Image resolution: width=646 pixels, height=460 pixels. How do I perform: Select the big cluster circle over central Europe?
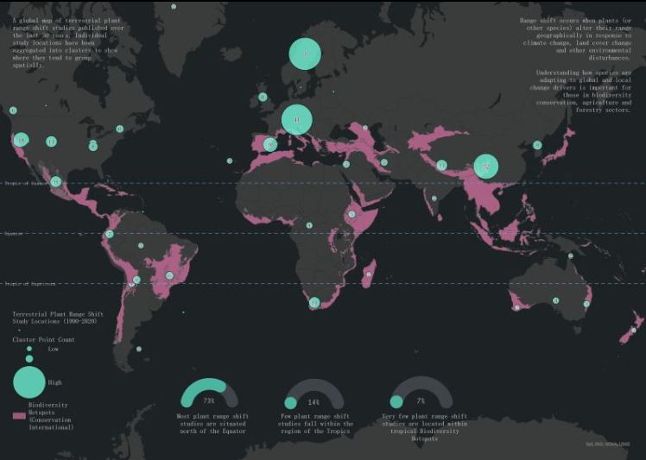[x=296, y=119]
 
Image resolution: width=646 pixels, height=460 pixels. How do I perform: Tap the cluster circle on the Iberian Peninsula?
[x=270, y=145]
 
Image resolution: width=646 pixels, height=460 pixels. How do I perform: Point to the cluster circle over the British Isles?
[x=263, y=97]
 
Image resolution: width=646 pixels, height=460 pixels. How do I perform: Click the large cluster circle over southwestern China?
[x=486, y=166]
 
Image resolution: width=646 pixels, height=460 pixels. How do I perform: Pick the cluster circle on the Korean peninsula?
[x=537, y=145]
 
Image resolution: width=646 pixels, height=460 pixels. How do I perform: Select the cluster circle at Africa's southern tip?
[x=314, y=302]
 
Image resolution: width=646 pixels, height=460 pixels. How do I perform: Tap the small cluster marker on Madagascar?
[x=369, y=276]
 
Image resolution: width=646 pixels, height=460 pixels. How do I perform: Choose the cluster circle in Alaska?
[x=13, y=110]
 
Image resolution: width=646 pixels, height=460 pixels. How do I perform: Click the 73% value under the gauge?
[x=208, y=401]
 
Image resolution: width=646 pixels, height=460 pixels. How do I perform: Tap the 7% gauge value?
[x=421, y=401]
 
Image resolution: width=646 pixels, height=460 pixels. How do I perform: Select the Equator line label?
[x=15, y=234]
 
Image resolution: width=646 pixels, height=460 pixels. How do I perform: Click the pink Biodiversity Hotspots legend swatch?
[x=19, y=415]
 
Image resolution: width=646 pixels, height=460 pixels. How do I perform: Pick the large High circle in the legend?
[x=28, y=381]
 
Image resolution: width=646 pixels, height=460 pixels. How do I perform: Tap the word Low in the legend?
[x=54, y=350]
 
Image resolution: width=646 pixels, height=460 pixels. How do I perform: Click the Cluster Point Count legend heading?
[x=42, y=340]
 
